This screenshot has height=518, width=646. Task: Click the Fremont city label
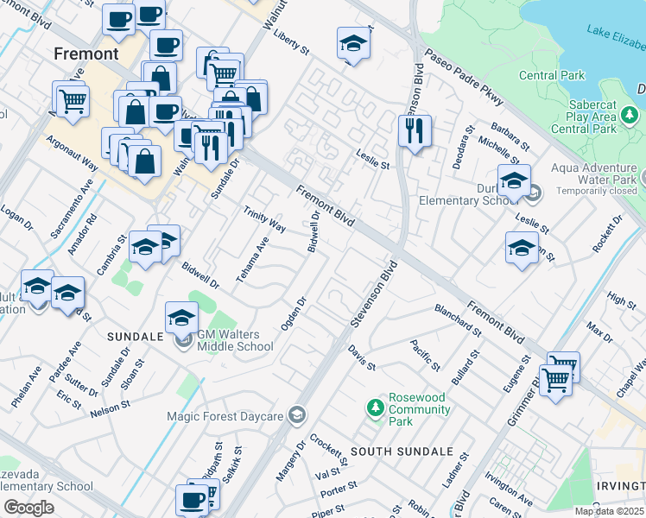[85, 54]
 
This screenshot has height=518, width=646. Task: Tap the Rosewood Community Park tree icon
[375, 406]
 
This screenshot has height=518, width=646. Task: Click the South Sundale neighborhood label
[402, 452]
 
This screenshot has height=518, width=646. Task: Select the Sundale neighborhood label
[135, 335]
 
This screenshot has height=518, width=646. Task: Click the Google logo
[28, 508]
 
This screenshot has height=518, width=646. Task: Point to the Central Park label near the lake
[550, 75]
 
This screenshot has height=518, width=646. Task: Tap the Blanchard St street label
[458, 319]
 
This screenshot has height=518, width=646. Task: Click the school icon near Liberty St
[353, 42]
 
